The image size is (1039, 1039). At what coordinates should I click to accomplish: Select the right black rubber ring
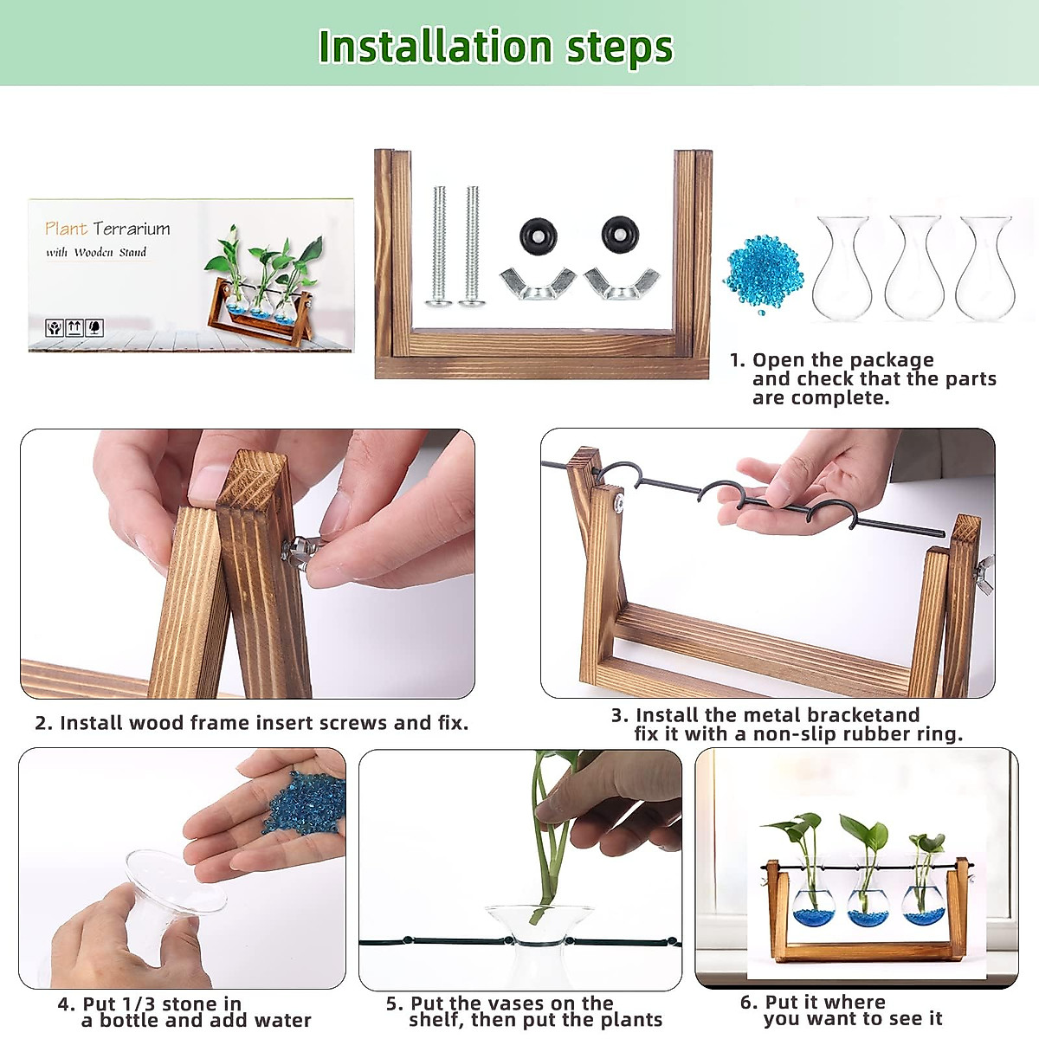[x=620, y=234]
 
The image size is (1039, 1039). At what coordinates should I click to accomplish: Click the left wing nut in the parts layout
[x=538, y=282]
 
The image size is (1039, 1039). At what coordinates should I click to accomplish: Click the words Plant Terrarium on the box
[x=107, y=229]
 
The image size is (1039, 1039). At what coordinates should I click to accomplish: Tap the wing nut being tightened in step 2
[x=302, y=551]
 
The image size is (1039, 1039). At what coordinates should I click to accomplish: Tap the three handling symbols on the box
[x=74, y=328]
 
